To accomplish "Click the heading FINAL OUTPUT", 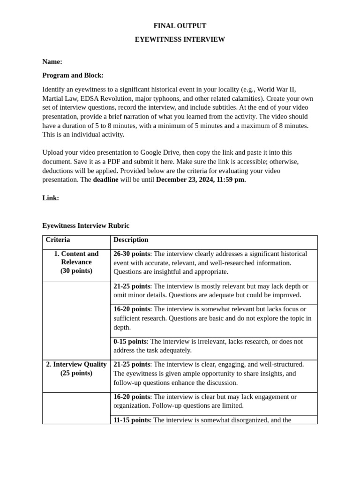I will pyautogui.click(x=180, y=26).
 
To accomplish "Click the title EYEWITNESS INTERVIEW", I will pyautogui.click(x=180, y=39).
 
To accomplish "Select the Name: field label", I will pyautogui.click(x=52, y=62).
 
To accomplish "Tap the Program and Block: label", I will pyautogui.click(x=73, y=75).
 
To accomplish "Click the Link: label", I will pyautogui.click(x=51, y=198).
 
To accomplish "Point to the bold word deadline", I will pyautogui.click(x=105, y=180).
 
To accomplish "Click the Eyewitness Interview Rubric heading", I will pyautogui.click(x=86, y=225).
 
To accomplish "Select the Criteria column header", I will pyautogui.click(x=58, y=240).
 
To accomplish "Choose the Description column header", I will pyautogui.click(x=131, y=240).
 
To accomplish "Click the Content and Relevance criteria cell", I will pyautogui.click(x=76, y=258).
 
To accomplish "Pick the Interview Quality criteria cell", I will pyautogui.click(x=76, y=364).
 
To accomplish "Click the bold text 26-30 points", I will pyautogui.click(x=132, y=254).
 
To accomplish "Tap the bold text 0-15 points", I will pyautogui.click(x=130, y=341).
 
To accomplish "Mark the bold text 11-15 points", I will pyautogui.click(x=132, y=420).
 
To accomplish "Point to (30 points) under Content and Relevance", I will pyautogui.click(x=76, y=270).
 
